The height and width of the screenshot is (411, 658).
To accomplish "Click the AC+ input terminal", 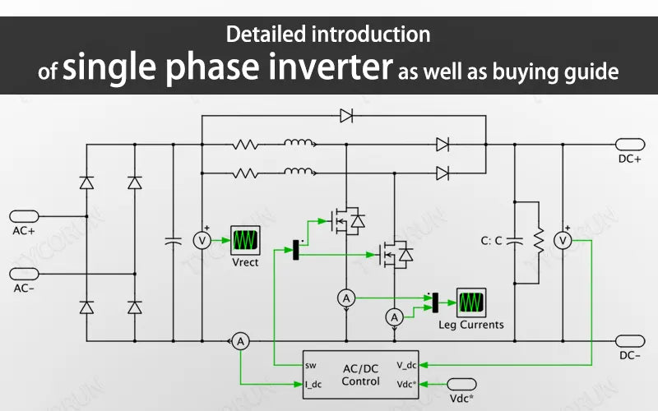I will pos(24,215).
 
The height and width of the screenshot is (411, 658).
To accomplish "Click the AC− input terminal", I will pos(24,273).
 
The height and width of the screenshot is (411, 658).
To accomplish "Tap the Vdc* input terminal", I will pos(461,384).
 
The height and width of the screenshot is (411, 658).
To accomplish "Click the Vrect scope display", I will pos(244,239).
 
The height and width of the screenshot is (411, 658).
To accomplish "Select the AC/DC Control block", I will pos(361,374).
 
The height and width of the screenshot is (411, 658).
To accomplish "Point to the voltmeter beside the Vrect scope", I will pos(202,240).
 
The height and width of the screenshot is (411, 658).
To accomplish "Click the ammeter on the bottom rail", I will pos(239,341).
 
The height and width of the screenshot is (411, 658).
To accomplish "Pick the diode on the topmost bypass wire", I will pos(346,116).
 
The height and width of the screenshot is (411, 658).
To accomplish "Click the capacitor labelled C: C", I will pos(515,241).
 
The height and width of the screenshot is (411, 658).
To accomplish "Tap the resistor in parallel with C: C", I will pos(539,241).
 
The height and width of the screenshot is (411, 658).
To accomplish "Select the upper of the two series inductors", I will pos(299,145).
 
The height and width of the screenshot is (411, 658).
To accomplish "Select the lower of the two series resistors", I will pos(245,173).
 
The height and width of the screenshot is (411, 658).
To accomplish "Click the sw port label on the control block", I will pos(310,365).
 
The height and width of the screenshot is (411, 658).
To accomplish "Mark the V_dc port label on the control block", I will pos(406,365).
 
